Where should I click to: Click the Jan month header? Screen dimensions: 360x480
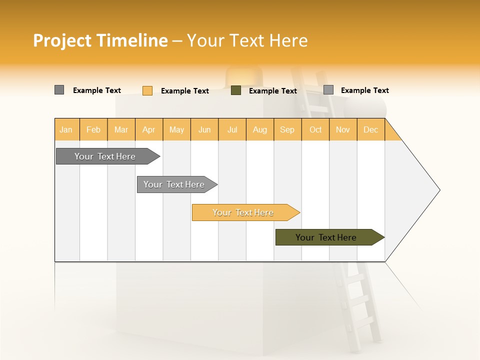tap(66, 130)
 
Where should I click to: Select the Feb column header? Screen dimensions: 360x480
tap(93, 130)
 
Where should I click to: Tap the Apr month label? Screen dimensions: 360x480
tap(149, 130)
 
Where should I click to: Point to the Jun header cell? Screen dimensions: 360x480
tap(204, 130)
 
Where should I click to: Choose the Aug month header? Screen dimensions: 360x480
tap(260, 130)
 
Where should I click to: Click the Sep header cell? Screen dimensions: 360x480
tap(287, 130)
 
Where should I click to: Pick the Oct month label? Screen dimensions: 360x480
tap(315, 130)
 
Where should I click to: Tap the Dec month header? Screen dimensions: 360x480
tap(371, 130)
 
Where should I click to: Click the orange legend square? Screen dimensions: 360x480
tap(147, 90)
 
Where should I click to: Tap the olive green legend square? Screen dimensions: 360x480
tap(236, 90)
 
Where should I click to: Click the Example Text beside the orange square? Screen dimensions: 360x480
tap(185, 91)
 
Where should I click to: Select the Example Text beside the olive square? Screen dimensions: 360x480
tap(273, 91)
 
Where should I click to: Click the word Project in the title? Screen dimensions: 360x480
tap(63, 40)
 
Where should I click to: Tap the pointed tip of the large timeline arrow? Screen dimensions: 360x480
tap(438, 190)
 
